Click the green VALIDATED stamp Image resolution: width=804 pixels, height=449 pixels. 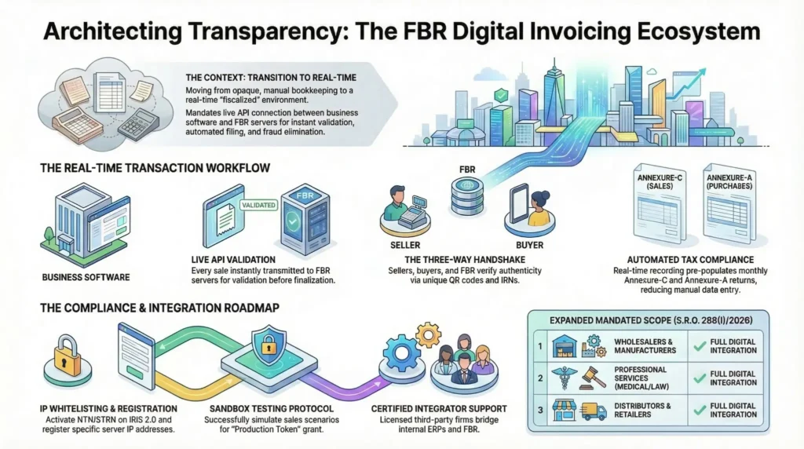click(256, 205)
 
